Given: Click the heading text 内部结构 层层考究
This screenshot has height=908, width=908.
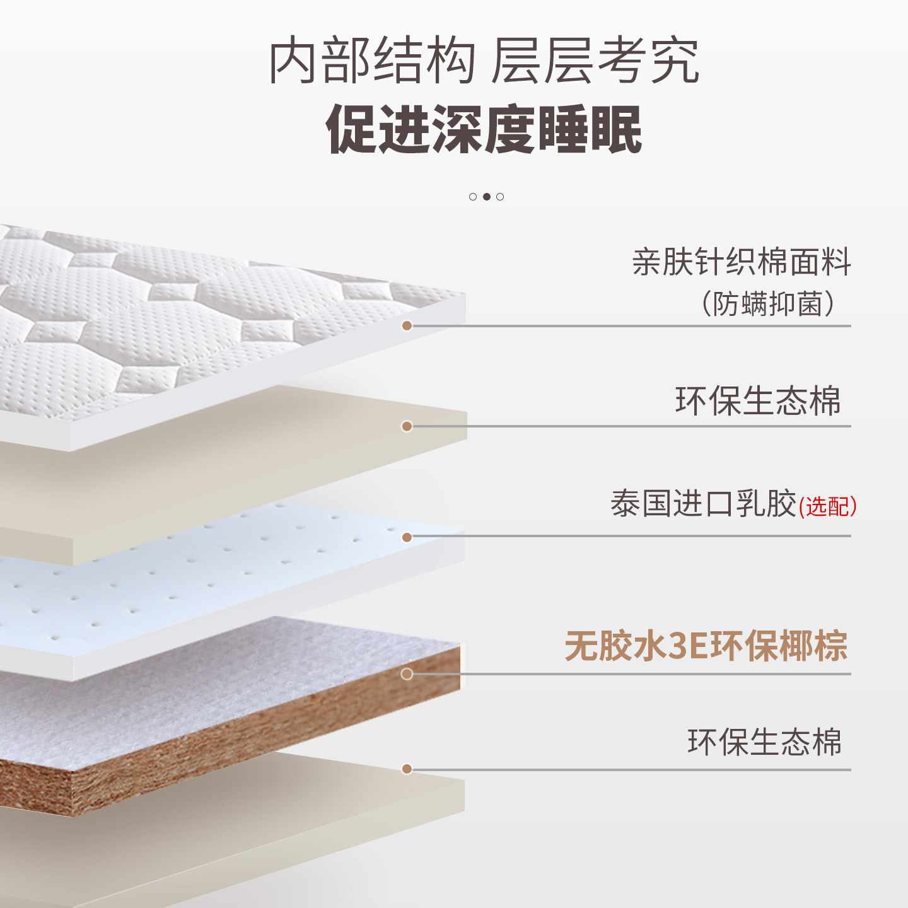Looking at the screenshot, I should [x=484, y=61].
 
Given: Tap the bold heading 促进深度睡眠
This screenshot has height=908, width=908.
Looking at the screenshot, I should [x=484, y=129].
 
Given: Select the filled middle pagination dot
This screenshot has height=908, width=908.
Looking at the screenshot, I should [x=486, y=197].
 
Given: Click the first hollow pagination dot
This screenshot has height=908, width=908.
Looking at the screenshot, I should [x=473, y=197].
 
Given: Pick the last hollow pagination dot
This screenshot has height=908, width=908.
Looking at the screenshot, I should [x=500, y=197].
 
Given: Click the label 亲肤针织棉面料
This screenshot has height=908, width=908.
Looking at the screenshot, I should [x=742, y=262].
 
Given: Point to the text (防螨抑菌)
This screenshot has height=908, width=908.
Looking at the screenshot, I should [x=768, y=304].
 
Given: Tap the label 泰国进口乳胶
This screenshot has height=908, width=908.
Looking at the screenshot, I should [x=703, y=504].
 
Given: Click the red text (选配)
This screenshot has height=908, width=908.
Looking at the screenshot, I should [x=828, y=506].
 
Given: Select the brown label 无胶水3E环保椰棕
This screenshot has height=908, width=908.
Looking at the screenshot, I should [x=706, y=646].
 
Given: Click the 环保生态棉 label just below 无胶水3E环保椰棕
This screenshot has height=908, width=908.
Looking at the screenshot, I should [x=764, y=742].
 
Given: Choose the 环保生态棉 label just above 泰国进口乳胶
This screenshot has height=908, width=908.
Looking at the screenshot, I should [x=758, y=400].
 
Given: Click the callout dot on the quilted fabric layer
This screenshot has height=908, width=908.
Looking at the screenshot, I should [x=407, y=325].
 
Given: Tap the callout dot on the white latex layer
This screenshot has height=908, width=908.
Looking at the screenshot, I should [x=407, y=537].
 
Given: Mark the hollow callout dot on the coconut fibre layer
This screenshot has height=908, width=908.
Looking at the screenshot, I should [x=407, y=674].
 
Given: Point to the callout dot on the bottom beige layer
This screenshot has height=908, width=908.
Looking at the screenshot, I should [x=407, y=769].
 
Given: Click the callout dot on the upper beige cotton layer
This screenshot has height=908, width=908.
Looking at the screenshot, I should [x=407, y=426].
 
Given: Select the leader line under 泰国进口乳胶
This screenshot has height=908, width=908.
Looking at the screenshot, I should [x=631, y=537].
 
